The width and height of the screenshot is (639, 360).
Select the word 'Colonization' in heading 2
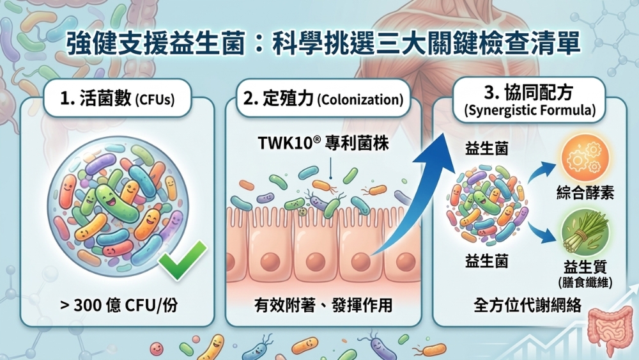coord(360,101)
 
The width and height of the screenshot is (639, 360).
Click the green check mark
coord(183,261)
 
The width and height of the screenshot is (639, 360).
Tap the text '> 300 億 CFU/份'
coord(119,305)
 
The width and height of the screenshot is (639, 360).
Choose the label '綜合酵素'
coord(585,192)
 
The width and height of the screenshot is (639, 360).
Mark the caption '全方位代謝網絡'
coord(527,305)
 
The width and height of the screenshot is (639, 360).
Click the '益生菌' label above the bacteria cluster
coord(487,148)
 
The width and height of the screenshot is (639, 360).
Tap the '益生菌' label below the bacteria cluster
coord(487,261)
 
